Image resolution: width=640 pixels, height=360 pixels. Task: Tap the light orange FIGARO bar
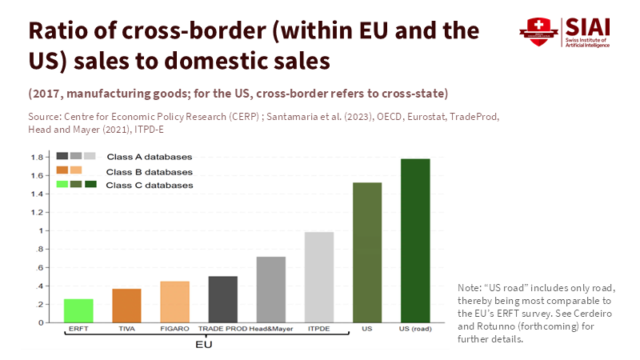174,302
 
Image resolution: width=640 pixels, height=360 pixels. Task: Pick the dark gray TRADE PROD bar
223,299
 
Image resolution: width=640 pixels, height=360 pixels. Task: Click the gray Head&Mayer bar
271,290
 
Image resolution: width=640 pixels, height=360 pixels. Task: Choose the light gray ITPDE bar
319,277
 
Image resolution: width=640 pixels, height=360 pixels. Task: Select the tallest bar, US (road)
415,240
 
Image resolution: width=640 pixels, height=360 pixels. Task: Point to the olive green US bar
367,252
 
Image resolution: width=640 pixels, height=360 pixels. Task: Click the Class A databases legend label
149,157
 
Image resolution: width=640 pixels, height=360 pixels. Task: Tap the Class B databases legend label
149,171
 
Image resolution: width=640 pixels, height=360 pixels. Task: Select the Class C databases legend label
149,186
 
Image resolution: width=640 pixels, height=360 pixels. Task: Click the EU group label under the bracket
205,345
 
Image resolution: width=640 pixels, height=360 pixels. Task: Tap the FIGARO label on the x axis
174,329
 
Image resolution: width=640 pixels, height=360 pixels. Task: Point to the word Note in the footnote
469,287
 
